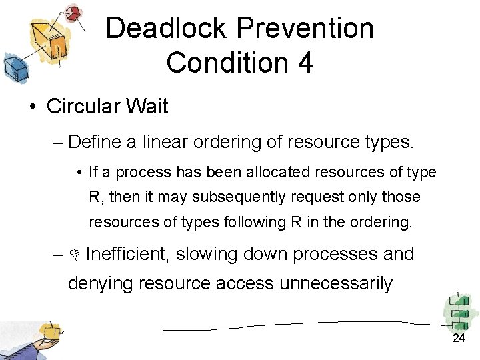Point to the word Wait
click(148, 107)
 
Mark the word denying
click(102, 283)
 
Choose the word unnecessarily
click(336, 283)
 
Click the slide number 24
click(459, 339)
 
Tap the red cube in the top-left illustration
click(75, 13)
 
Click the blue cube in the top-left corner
click(14, 67)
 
